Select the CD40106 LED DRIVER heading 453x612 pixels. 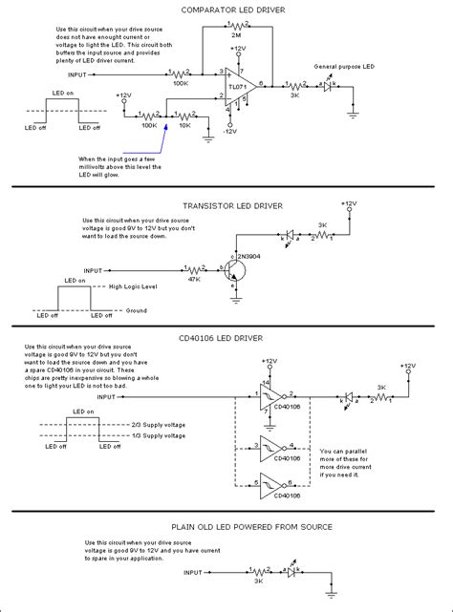[x=226, y=336]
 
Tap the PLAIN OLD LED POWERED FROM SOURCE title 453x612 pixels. [x=226, y=526]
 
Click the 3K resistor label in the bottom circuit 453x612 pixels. [x=257, y=580]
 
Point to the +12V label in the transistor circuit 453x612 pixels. [x=351, y=203]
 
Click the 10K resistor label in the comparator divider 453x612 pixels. [x=185, y=125]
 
